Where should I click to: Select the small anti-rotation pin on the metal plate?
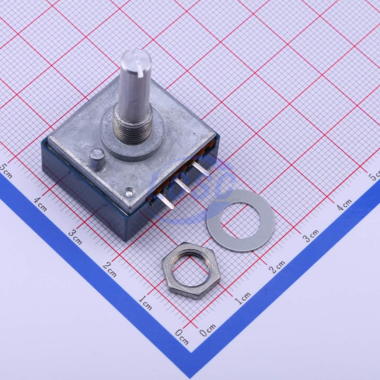pyautogui.click(x=97, y=159)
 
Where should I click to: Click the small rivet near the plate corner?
pyautogui.click(x=129, y=193)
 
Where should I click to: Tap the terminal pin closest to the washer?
pyautogui.click(x=200, y=168)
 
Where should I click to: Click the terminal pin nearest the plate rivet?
pyautogui.click(x=165, y=201)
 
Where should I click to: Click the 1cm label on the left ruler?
pyautogui.click(x=145, y=303)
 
